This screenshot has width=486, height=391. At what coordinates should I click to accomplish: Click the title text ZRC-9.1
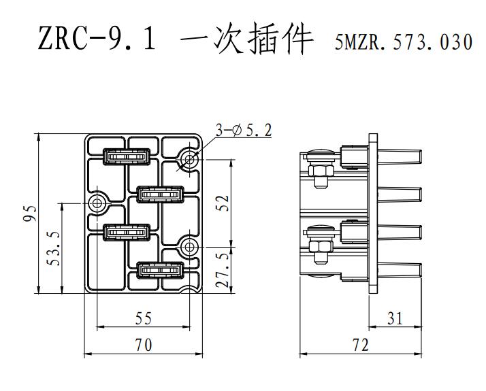[97, 38]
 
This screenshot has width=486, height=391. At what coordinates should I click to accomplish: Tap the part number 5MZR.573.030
[404, 42]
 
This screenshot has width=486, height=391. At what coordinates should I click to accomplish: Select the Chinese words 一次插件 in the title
[246, 38]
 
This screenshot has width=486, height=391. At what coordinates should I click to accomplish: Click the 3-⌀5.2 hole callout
[244, 130]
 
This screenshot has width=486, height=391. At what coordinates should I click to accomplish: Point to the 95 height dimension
[30, 214]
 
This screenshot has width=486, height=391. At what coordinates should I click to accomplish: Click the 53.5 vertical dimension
[53, 248]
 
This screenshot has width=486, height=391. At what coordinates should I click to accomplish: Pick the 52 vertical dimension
[223, 203]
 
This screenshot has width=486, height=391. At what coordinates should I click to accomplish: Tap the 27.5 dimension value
[223, 270]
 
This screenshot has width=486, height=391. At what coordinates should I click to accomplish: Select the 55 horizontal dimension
[144, 318]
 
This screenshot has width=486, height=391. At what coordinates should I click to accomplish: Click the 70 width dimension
[144, 345]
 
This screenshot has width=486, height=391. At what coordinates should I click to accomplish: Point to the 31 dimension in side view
[395, 318]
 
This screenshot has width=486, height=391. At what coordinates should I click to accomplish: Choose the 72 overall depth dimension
[361, 345]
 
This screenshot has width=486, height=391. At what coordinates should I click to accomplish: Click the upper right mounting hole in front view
[189, 160]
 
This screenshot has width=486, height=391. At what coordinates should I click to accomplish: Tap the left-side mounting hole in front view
[97, 203]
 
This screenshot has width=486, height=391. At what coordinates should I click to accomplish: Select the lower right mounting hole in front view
[189, 247]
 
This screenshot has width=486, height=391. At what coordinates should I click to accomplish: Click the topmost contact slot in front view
[127, 156]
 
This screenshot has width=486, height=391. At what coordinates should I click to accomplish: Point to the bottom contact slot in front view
[161, 270]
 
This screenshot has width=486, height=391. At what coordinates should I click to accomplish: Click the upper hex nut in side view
[321, 170]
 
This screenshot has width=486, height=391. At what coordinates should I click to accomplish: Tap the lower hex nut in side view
[321, 247]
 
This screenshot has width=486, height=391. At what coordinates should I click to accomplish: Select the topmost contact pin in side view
[400, 156]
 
